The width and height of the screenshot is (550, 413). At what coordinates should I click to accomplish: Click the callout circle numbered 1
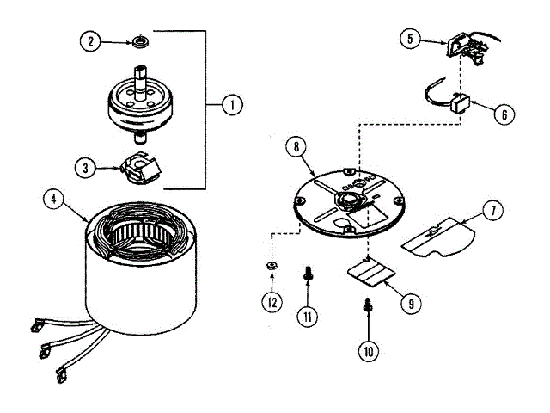[x=230, y=105]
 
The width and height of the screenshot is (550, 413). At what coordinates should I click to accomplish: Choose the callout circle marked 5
[x=410, y=38]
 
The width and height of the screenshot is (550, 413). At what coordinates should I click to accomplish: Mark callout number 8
[x=296, y=146]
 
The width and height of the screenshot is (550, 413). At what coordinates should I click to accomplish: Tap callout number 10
[x=369, y=350]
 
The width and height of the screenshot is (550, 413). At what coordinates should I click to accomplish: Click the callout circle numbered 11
[x=307, y=316]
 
